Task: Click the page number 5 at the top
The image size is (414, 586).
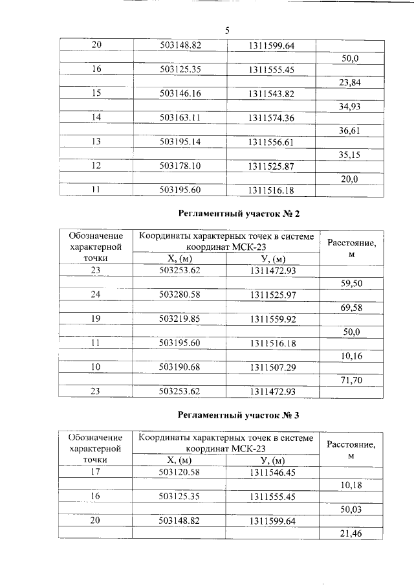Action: tap(227, 30)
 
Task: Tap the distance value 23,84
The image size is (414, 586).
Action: tap(350, 82)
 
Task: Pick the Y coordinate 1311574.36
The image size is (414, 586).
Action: tap(271, 118)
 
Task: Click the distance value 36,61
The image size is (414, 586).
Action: tap(350, 130)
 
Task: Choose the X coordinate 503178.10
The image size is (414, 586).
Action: tap(180, 166)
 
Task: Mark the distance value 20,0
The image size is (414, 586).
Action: tap(350, 179)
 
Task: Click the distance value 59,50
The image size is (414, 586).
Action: tap(350, 282)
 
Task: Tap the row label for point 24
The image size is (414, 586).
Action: tap(96, 295)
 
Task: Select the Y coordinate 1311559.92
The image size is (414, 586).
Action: tap(271, 319)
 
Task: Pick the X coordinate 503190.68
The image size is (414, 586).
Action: tap(180, 368)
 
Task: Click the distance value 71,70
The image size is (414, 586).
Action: tap(350, 380)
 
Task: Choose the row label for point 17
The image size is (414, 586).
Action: tap(96, 472)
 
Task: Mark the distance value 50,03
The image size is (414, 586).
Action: tap(350, 509)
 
